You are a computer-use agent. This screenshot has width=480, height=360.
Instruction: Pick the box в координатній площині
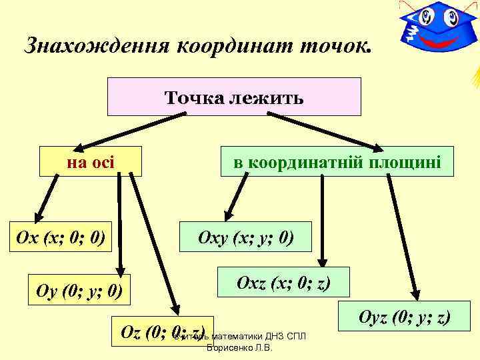tap(337, 161)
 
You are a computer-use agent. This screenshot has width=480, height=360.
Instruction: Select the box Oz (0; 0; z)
tap(161, 332)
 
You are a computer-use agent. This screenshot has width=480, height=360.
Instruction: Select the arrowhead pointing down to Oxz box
tap(323, 261)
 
